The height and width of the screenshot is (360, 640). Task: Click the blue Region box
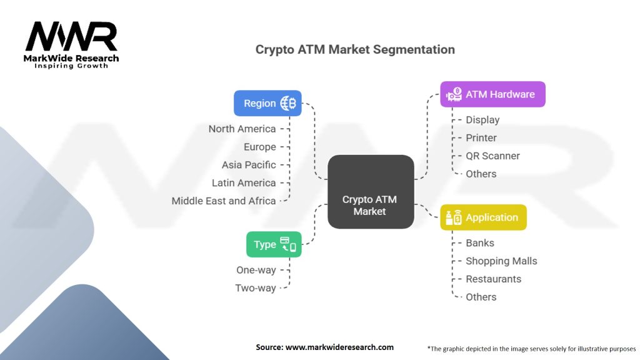[267, 103]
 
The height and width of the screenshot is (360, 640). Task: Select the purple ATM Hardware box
[492, 94]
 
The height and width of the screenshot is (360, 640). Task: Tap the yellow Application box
[483, 217]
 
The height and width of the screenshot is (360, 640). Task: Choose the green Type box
[274, 244]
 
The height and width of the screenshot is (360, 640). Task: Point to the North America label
[242, 129]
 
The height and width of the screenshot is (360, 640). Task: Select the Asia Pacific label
[249, 165]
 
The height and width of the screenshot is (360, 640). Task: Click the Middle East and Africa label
[224, 201]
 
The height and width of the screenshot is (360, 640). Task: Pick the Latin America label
[244, 182]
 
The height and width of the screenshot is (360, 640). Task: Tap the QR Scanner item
[492, 156]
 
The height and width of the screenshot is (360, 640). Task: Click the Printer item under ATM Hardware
[481, 137]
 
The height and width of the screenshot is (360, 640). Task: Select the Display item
[482, 119]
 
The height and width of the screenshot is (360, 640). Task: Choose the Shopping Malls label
[501, 261]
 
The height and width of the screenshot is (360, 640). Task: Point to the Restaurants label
[493, 279]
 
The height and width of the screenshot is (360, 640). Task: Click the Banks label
[480, 242]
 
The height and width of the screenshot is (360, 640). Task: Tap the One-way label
[256, 270]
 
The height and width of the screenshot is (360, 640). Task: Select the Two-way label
[256, 288]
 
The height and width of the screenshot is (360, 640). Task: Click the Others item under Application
[481, 297]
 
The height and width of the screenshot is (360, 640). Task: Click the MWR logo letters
[71, 37]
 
